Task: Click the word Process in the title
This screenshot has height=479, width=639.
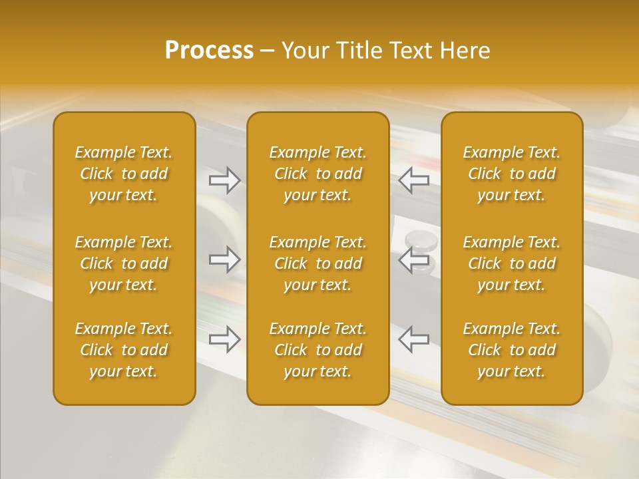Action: pos(209,51)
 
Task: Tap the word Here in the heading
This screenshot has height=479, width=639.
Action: pos(465,51)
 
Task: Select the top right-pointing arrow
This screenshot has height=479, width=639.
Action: pos(224,180)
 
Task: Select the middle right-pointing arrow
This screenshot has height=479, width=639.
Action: pos(224,259)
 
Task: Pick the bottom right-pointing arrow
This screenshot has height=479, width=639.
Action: pos(224,339)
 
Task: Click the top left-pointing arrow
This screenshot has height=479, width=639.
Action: pos(413,180)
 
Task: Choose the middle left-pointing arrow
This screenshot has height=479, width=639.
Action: pos(413,259)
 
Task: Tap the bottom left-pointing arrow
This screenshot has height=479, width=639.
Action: pos(413,339)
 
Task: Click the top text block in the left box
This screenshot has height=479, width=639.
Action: pos(124,174)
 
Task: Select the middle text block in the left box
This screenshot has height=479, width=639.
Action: pos(124,263)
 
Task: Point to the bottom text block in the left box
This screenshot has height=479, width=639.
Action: pos(124,350)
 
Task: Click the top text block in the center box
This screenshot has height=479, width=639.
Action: pos(318,174)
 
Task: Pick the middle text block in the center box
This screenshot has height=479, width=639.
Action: pos(318,263)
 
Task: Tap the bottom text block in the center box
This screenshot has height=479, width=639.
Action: pos(318,350)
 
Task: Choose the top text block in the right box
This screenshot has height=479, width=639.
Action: pos(511,174)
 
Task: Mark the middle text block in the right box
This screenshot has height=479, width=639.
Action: pos(511,263)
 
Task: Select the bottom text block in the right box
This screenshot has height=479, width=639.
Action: pos(511,350)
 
